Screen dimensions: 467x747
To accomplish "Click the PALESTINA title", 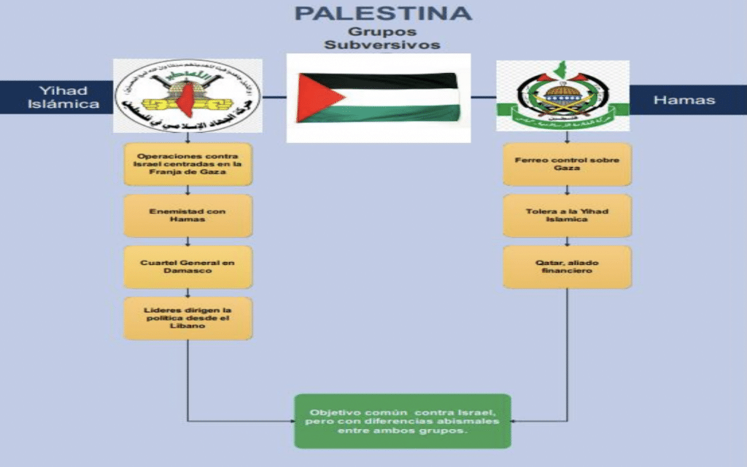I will pyautogui.click(x=382, y=13).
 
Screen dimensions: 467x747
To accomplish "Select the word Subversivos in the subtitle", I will pyautogui.click(x=383, y=45).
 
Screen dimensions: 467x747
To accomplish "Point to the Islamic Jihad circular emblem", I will pyautogui.click(x=187, y=95).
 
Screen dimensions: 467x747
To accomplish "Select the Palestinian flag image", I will pyautogui.click(x=378, y=98).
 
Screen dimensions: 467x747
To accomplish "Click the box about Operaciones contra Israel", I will pyautogui.click(x=187, y=164).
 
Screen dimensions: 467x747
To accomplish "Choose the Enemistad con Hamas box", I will pyautogui.click(x=187, y=216).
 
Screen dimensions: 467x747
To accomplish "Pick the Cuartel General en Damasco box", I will pyautogui.click(x=187, y=267).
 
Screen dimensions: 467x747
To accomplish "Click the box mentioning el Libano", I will pyautogui.click(x=187, y=318).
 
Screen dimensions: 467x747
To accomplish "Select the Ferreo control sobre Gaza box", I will pyautogui.click(x=567, y=164).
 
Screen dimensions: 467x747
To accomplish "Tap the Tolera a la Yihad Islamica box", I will pyautogui.click(x=567, y=215).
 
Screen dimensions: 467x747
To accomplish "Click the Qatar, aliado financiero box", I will pyautogui.click(x=567, y=266).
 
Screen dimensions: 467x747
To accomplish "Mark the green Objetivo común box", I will pyautogui.click(x=402, y=421).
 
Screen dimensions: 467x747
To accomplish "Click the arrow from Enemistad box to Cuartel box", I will pyautogui.click(x=187, y=242).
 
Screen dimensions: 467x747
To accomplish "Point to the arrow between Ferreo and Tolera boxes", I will pyautogui.click(x=567, y=190).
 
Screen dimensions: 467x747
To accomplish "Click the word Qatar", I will pyautogui.click(x=549, y=262).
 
